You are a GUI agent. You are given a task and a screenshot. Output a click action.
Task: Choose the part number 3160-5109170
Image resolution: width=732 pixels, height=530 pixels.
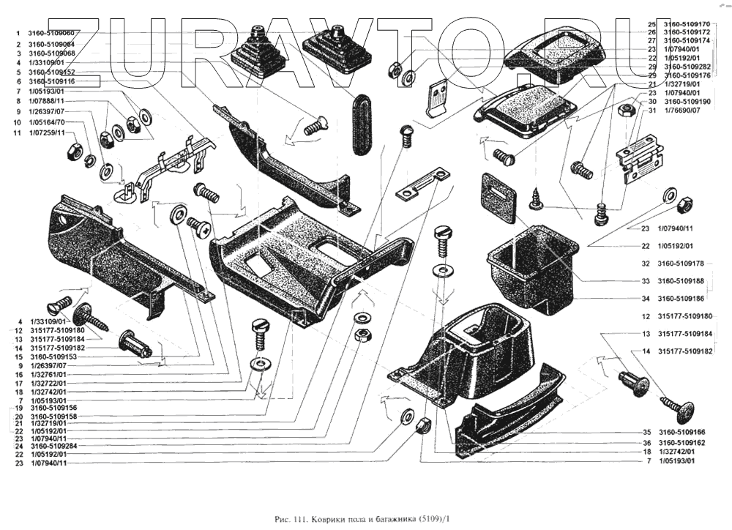pos(686,23)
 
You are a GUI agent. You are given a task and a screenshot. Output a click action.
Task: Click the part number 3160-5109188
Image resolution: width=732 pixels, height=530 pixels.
pos(681,281)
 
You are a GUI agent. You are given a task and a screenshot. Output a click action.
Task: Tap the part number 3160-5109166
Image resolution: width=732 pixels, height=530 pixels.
pos(681,432)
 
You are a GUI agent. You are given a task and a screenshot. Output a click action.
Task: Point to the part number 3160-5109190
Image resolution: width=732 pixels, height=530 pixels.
pos(686,101)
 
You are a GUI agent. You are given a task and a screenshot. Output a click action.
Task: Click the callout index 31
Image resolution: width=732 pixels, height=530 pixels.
pos(651,111)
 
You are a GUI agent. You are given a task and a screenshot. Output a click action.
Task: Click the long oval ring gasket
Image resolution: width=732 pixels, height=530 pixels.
pos(363,124)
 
